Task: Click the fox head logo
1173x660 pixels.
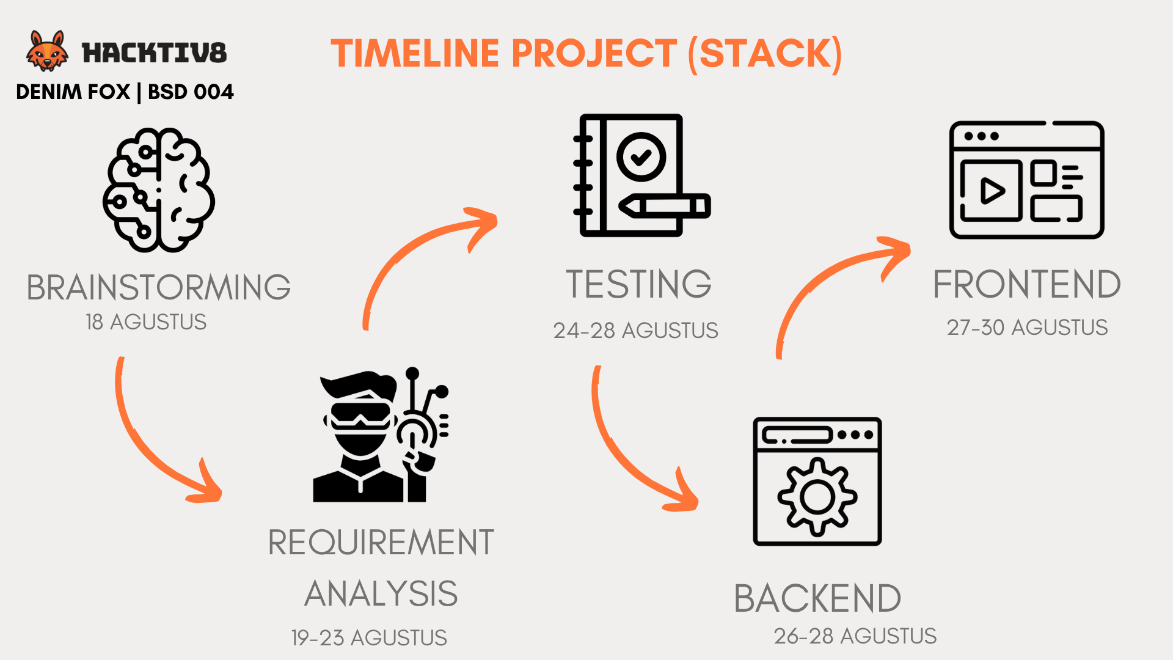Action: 47,51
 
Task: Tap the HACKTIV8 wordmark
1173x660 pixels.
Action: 155,53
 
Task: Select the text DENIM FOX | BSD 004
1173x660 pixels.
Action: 125,92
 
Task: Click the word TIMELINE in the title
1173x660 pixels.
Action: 415,53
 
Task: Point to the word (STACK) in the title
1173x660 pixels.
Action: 765,54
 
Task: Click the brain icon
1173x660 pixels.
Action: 159,189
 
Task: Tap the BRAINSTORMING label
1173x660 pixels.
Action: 159,287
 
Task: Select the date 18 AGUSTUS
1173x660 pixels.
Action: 146,322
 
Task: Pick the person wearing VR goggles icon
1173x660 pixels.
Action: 381,435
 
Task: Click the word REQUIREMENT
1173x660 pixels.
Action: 381,542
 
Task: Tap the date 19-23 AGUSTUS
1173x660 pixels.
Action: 369,638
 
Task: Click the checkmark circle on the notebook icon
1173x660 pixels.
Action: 641,157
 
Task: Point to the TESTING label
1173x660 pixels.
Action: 639,284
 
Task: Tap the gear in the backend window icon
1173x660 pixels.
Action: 817,497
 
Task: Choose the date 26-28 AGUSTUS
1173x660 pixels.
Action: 855,636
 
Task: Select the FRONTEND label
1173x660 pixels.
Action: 1027,284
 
